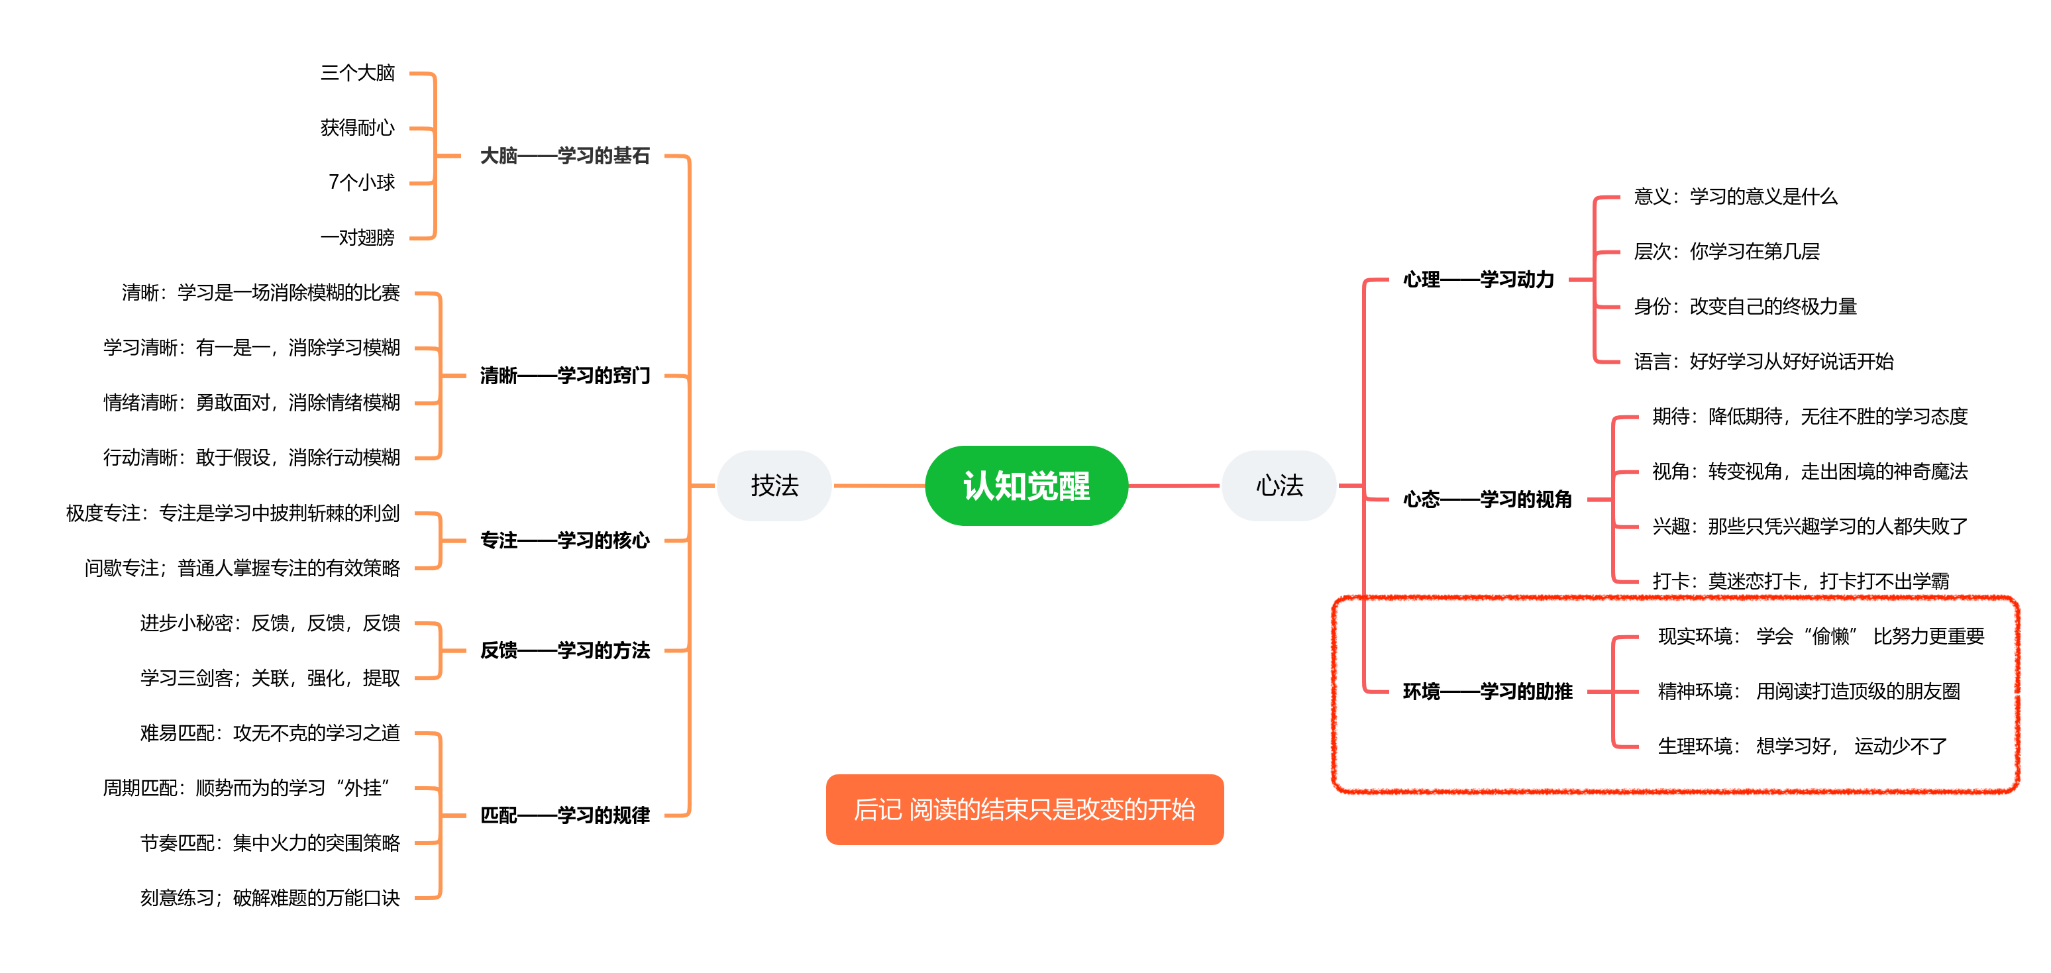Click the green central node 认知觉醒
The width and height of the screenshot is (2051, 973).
(x=1025, y=486)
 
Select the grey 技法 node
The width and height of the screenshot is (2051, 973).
(x=774, y=486)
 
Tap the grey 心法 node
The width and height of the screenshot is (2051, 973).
(x=1279, y=486)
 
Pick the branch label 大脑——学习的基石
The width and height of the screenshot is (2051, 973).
(x=564, y=156)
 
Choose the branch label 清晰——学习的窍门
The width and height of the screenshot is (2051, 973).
(x=564, y=376)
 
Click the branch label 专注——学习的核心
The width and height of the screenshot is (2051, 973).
(x=564, y=540)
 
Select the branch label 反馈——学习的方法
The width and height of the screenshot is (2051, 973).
(x=564, y=650)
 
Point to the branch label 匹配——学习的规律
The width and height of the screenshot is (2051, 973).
(x=564, y=815)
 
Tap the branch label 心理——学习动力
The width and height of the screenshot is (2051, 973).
(x=1478, y=280)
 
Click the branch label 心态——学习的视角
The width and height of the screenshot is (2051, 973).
(x=1487, y=499)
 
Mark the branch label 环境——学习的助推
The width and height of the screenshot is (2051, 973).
(x=1487, y=691)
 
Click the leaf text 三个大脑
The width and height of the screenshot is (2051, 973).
(x=358, y=74)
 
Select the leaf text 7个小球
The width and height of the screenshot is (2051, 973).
(x=362, y=182)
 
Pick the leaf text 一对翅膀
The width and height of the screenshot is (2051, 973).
(x=358, y=237)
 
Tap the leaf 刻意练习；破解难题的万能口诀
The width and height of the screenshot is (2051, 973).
(x=270, y=898)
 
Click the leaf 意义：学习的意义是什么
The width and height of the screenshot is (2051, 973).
(x=1735, y=197)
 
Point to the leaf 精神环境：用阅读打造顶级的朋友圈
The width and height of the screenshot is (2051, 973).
(x=1808, y=691)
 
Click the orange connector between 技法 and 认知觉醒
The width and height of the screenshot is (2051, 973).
(x=879, y=486)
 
